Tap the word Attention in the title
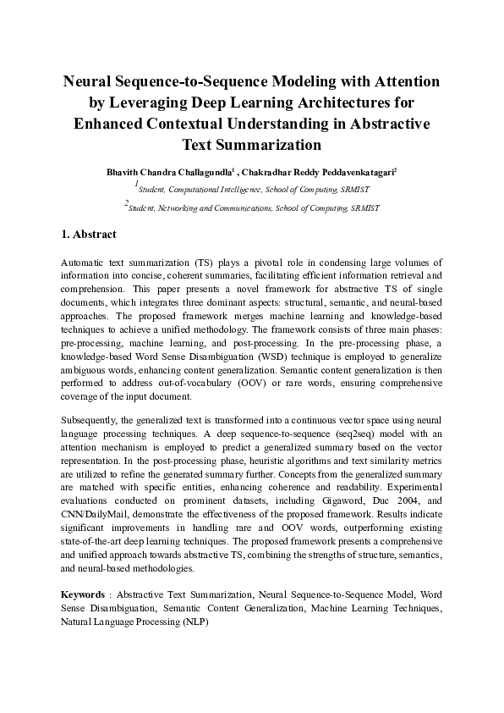tap(395, 82)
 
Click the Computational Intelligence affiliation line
tap(254, 188)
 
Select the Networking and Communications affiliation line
tap(254, 207)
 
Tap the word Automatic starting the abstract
tap(84, 264)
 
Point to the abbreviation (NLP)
tap(195, 621)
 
